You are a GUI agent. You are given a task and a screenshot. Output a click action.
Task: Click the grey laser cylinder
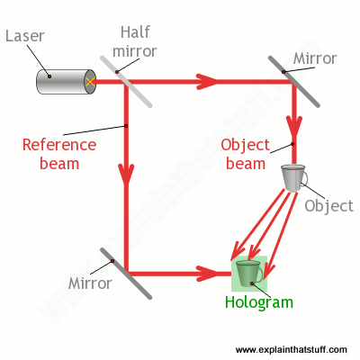pyautogui.click(x=66, y=82)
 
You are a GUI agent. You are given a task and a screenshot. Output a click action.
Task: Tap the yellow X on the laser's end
pyautogui.click(x=90, y=82)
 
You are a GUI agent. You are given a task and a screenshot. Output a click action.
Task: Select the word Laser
pyautogui.click(x=25, y=36)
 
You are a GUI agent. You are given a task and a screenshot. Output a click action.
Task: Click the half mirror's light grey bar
pyautogui.click(x=126, y=81)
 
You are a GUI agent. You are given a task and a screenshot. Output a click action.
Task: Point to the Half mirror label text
pyautogui.click(x=135, y=41)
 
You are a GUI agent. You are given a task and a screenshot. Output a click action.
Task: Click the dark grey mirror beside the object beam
pyautogui.click(x=294, y=81)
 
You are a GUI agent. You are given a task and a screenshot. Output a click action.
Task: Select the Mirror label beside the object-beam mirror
pyautogui.click(x=315, y=58)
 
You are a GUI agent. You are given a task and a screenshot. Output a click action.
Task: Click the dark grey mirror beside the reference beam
pyautogui.click(x=126, y=274)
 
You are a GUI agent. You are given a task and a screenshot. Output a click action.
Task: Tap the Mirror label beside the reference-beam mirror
pyautogui.click(x=90, y=283)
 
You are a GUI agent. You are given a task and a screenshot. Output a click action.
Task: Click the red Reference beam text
pyautogui.click(x=59, y=155)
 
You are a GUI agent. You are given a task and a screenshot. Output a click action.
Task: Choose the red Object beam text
pyautogui.click(x=246, y=155)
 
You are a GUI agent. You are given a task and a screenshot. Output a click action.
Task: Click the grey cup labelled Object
pyautogui.click(x=294, y=178)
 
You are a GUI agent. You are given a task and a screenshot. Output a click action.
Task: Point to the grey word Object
pyautogui.click(x=329, y=206)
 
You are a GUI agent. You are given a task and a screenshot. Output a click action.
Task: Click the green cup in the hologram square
pyautogui.click(x=249, y=274)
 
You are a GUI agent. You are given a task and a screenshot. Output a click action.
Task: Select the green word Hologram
pyautogui.click(x=259, y=302)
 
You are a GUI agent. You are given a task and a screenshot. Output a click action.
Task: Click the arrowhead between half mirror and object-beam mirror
pyautogui.click(x=207, y=81)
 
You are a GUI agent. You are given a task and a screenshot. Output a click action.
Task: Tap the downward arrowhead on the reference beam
pyautogui.click(x=126, y=174)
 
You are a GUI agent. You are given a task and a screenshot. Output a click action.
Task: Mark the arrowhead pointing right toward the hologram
pyautogui.click(x=207, y=274)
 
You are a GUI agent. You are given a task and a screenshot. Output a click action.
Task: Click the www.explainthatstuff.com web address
pyautogui.click(x=292, y=350)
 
